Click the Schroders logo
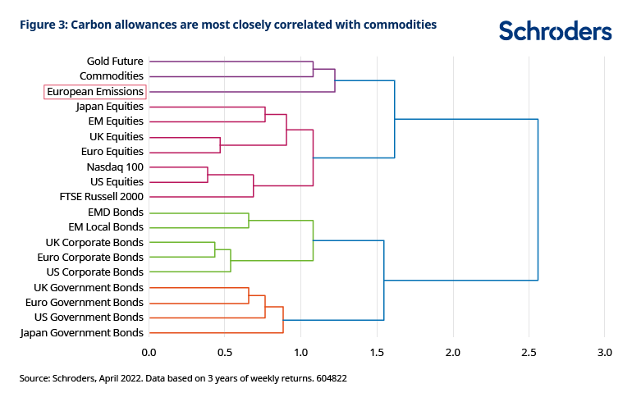555,31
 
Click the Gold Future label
115,62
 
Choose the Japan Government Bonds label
82,332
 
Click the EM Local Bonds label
106,226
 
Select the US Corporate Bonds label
94,272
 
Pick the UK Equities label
116,136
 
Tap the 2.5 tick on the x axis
528,353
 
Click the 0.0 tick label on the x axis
149,353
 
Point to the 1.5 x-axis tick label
376,353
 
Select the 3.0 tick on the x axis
604,353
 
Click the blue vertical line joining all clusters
538,199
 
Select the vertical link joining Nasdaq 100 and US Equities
208,174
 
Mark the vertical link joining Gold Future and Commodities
313,69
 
